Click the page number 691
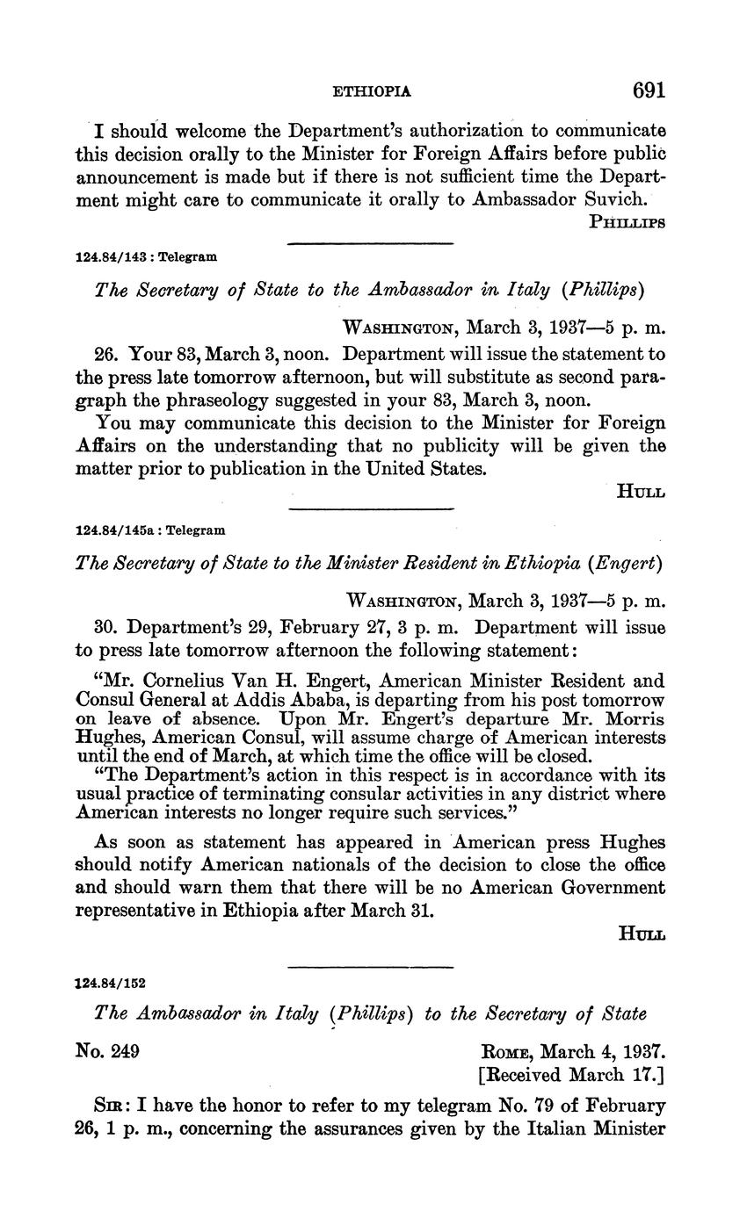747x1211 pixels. (649, 90)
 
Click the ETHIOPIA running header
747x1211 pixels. (373, 91)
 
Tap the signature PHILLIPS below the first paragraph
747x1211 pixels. (627, 222)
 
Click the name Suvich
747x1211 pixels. (617, 199)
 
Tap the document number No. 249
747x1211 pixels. (109, 1050)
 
